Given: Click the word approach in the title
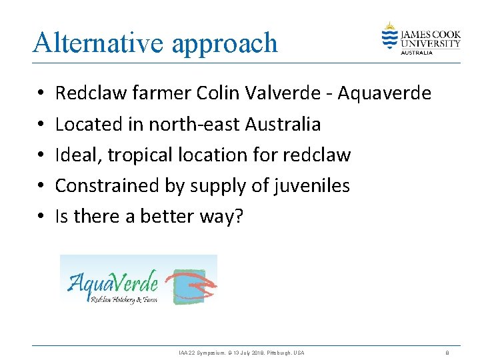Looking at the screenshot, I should (x=225, y=44).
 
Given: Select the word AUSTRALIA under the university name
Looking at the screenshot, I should (x=415, y=52).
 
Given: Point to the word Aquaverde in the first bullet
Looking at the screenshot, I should (x=385, y=93).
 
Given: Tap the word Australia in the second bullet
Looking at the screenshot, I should (x=283, y=124).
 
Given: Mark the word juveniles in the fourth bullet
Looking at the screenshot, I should (x=312, y=186).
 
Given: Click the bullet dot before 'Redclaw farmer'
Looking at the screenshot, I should (x=41, y=94).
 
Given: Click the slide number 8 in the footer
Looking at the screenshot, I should (x=447, y=352).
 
